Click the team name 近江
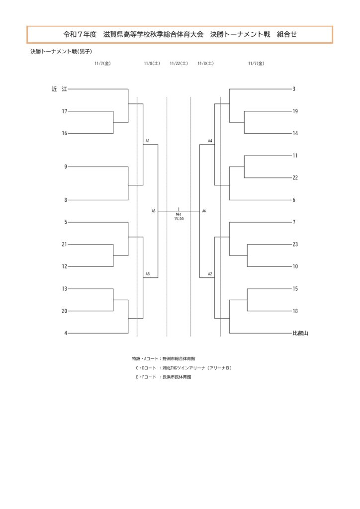(x=59, y=89)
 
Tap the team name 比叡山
(x=300, y=333)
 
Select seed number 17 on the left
(x=65, y=111)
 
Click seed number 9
(x=65, y=167)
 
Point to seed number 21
(x=65, y=245)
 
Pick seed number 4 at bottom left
(x=65, y=333)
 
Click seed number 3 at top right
(x=294, y=89)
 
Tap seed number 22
(x=295, y=177)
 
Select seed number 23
(x=295, y=245)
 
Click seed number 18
(x=295, y=311)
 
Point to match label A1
(x=148, y=141)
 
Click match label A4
(x=210, y=141)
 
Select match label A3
(x=148, y=274)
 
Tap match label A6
(x=204, y=211)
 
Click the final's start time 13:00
(x=179, y=219)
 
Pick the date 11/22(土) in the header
(x=179, y=64)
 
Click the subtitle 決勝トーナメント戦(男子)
(x=61, y=51)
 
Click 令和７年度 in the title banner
(x=80, y=35)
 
